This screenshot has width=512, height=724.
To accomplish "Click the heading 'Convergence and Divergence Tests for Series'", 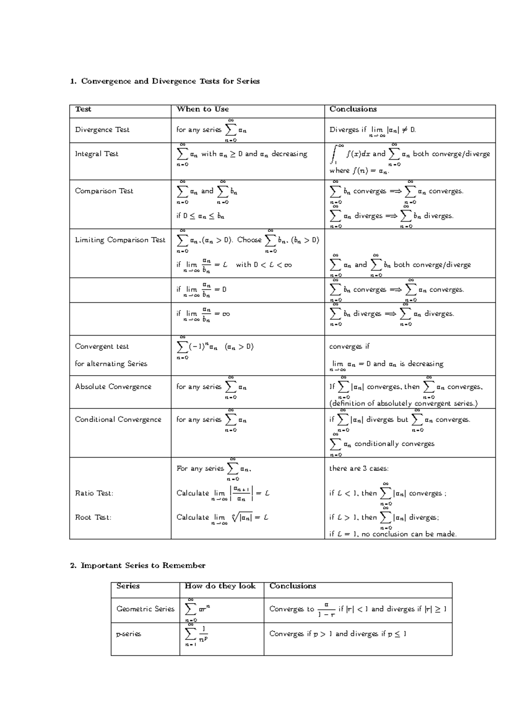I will click(170, 81).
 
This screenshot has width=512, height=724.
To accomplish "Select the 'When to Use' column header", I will click(203, 109).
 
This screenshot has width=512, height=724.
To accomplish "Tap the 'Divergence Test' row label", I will click(102, 130).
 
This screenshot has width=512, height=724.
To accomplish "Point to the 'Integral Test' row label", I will click(97, 154).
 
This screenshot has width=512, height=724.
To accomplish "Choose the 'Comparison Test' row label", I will click(104, 191).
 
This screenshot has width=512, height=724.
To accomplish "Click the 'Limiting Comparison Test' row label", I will click(120, 240).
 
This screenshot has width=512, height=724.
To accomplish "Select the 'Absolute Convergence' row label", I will click(113, 387).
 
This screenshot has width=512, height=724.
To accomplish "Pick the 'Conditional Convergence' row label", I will click(118, 420).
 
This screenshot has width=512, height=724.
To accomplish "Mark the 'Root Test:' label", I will click(93, 517).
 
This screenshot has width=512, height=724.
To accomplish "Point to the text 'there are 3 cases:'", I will click(359, 469).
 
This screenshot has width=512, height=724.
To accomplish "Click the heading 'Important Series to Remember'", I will click(143, 566).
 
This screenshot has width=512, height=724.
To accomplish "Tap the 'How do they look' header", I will click(220, 586).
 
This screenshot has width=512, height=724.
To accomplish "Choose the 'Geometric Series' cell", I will click(145, 609).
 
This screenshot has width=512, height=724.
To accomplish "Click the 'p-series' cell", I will click(128, 634).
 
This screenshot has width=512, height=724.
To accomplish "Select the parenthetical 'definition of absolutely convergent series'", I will click(403, 403).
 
